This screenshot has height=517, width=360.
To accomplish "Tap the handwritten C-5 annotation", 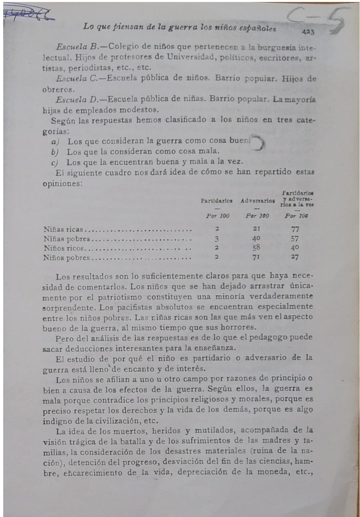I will [318, 20].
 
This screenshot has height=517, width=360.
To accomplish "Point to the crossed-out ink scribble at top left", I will [28, 15].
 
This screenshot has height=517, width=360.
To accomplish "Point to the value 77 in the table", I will [295, 230].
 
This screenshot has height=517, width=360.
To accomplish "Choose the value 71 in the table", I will [258, 257].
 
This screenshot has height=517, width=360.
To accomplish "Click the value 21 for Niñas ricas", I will [258, 230].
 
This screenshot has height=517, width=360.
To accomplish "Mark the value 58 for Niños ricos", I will [258, 248].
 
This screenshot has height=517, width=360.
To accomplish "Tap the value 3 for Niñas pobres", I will [216, 239].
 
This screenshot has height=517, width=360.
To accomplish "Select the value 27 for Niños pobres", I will [295, 257].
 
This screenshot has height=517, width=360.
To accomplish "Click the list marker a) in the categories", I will [56, 141].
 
